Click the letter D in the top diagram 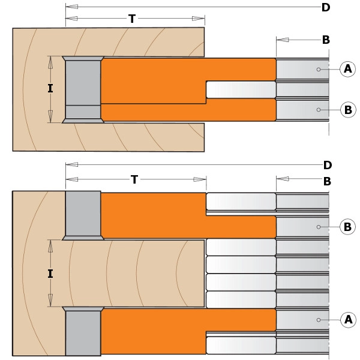point(326,7)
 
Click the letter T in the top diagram point(132,19)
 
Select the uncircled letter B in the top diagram point(326,40)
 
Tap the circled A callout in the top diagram point(347,69)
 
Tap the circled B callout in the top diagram point(348,110)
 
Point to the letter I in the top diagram point(50,88)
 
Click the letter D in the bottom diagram point(328,165)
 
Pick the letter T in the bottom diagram point(134,179)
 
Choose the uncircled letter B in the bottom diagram point(327,181)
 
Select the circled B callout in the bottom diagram point(347,227)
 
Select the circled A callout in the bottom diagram point(348,320)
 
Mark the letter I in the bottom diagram point(50,274)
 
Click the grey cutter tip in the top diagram point(83,89)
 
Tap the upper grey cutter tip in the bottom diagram point(83,215)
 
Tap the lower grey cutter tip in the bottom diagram point(83,331)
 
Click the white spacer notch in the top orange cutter point(241,89)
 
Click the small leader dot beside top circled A point(319,70)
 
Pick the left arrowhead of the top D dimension point(72,7)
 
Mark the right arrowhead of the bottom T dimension point(200,179)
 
